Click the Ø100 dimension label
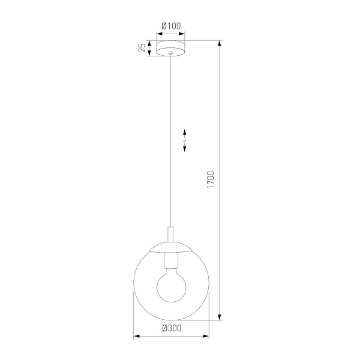point(172,26)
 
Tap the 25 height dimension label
point(142,48)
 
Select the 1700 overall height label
point(210,180)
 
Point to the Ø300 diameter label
point(172,328)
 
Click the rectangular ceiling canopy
point(172,47)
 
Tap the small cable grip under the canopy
point(172,55)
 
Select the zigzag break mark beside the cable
point(185,142)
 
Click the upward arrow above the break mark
point(185,133)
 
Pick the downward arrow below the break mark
point(185,151)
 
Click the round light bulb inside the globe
point(172,285)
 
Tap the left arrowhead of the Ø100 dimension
point(158,34)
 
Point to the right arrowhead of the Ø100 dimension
point(185,34)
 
